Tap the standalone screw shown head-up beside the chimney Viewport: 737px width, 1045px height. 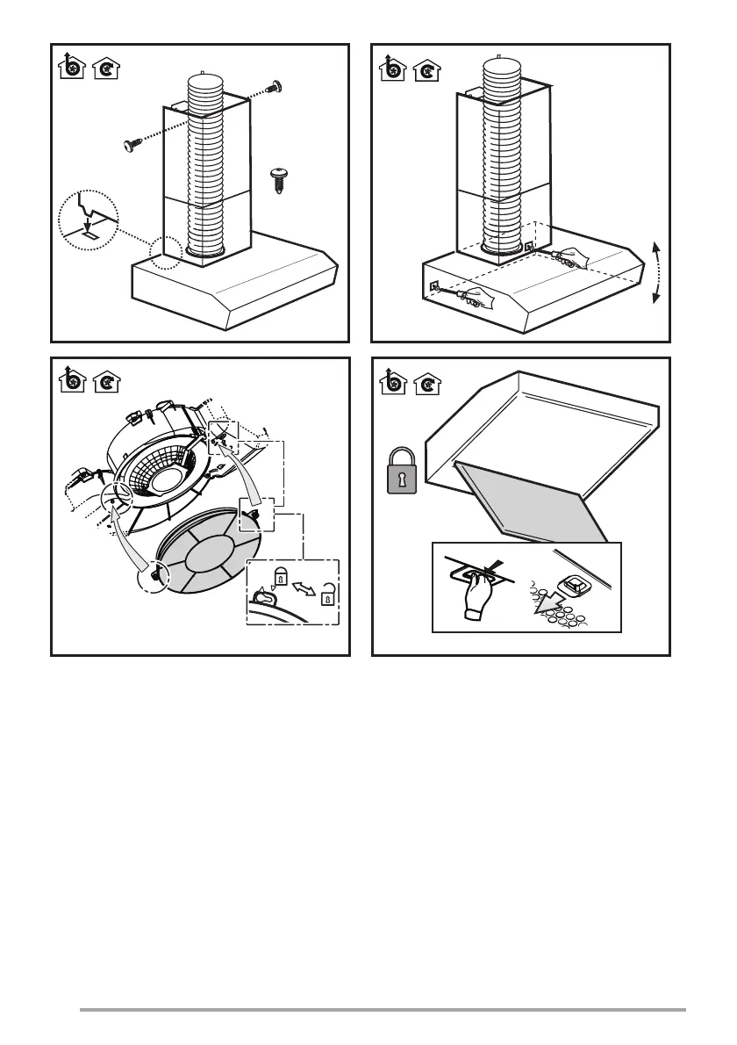[279, 179]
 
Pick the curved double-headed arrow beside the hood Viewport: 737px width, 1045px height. [656, 271]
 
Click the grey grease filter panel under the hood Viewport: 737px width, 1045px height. [531, 502]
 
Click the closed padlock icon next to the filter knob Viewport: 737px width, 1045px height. [280, 576]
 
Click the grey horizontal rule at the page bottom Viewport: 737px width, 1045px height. [382, 1010]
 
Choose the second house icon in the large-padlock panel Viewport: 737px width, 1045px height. [428, 384]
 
